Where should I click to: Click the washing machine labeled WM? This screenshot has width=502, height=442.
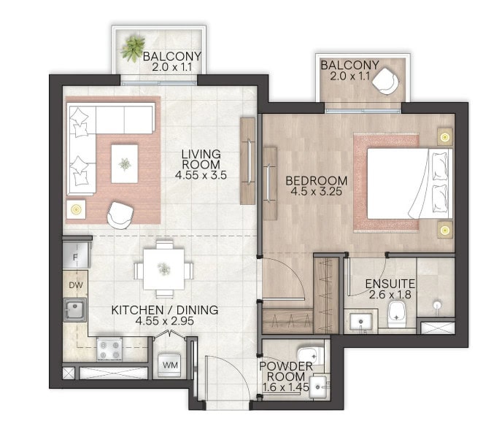[x=170, y=365]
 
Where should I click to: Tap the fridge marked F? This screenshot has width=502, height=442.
[x=76, y=255]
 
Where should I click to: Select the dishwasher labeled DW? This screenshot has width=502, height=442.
[x=76, y=284]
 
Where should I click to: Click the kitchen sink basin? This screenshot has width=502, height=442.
[x=75, y=309]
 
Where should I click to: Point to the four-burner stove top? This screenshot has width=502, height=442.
[x=109, y=349]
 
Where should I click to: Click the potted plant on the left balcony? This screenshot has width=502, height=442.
[x=132, y=48]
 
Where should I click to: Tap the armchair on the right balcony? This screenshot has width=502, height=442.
[x=385, y=81]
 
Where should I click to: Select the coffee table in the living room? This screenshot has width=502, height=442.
[x=125, y=164]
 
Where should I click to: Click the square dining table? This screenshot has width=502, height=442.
[x=163, y=269]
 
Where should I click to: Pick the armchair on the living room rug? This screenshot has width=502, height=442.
[x=120, y=215]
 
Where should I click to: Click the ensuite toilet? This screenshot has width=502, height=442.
[x=397, y=314]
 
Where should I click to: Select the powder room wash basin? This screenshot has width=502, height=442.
[x=317, y=387]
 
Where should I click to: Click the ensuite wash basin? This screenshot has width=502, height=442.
[x=360, y=322]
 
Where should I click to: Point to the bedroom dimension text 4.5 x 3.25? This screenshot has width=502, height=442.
[x=316, y=192]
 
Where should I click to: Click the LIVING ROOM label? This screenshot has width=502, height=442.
[x=201, y=159]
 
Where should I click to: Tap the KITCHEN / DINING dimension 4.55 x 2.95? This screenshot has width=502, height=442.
[x=165, y=321]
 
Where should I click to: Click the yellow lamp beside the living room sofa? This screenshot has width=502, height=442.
[x=76, y=209]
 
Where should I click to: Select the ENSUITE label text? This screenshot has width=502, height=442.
[x=390, y=284]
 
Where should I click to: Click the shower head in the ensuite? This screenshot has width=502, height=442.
[x=437, y=304]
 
